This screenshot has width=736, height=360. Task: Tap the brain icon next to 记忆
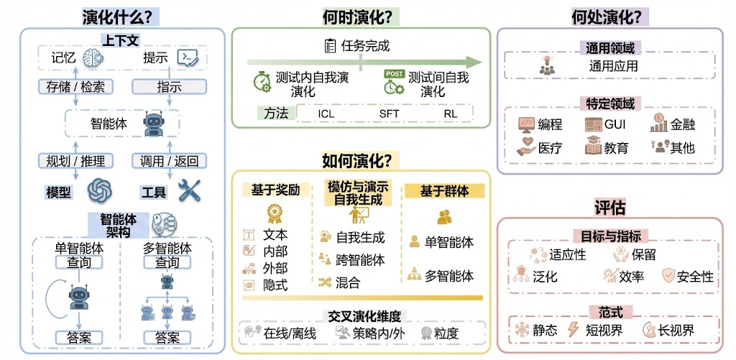[93, 57]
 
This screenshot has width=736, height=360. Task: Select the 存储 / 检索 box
[71, 87]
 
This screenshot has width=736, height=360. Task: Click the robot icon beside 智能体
[155, 124]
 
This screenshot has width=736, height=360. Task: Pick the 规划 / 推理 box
[71, 160]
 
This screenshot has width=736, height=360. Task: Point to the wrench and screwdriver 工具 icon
[188, 191]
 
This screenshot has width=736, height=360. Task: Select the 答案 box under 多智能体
[167, 337]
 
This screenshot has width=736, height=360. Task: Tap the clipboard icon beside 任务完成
[331, 46]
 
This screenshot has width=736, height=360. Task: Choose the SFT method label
[389, 113]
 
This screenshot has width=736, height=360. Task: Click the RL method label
[450, 113]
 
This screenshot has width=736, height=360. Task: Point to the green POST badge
[394, 74]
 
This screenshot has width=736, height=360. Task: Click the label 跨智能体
[360, 260]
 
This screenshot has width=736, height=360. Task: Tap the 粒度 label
[446, 333]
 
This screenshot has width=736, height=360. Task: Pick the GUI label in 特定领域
[615, 124]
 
